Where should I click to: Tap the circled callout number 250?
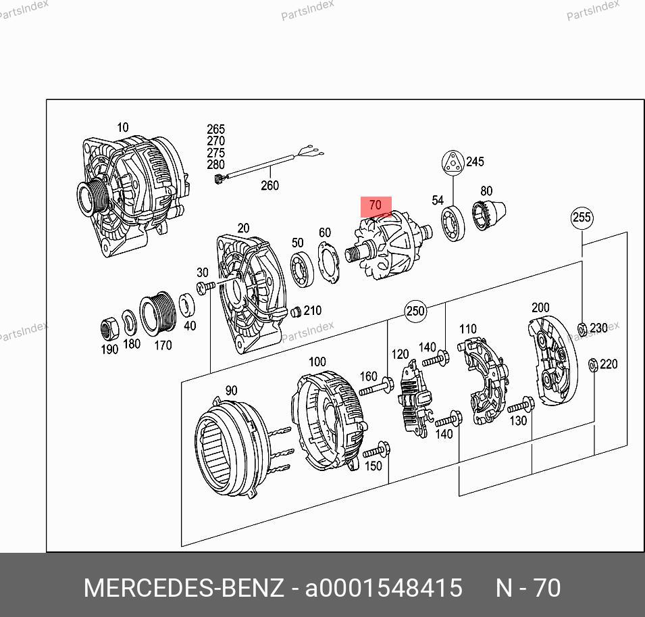coord(415,310)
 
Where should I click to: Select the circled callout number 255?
coord(582,218)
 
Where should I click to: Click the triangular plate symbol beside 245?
coord(453,162)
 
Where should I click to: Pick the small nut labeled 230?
coord(582,329)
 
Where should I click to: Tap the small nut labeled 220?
coord(593,365)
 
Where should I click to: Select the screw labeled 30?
coord(206,287)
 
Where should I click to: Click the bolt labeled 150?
coord(376,450)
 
